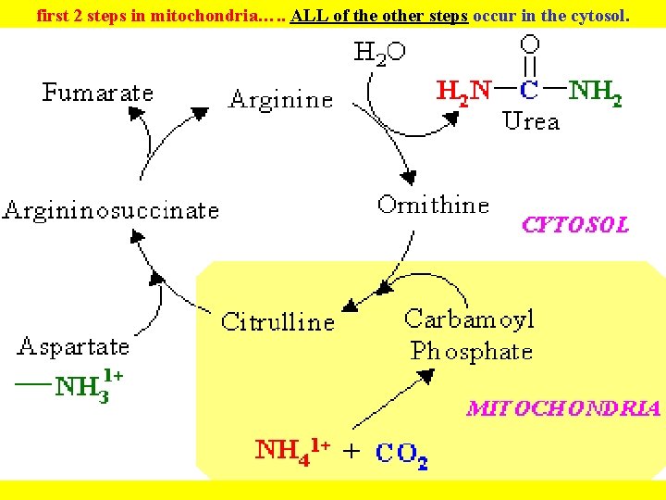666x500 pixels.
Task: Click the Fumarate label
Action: pos(97,94)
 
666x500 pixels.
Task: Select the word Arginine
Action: pos(280,100)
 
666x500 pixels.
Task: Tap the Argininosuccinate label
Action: pos(111,210)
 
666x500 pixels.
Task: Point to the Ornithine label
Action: pos(433,205)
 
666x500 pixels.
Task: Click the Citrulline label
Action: pos(277,322)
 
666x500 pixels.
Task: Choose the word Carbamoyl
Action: pos(470,319)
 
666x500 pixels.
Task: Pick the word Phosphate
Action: pos(472,352)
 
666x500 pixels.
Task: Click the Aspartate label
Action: pos(73,347)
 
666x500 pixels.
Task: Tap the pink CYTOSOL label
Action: pos(575,225)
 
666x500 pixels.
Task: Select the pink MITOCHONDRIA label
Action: pos(563,408)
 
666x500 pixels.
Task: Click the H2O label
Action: pos(379,53)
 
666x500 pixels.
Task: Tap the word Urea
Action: pos(531,121)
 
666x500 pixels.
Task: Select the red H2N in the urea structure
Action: pos(463,91)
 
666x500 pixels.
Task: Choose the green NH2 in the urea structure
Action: pos(595,91)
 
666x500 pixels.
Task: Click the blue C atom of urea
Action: pos(529,91)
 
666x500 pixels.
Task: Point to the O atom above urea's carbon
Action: pos(529,44)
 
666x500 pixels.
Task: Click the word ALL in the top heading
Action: pos(305,16)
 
